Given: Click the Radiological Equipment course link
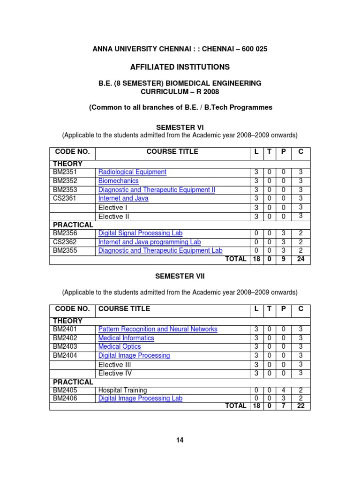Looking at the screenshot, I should (132, 172).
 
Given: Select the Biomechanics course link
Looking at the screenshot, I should (118, 181).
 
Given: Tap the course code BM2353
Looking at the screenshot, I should (65, 190).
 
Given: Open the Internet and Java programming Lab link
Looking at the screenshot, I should (149, 242).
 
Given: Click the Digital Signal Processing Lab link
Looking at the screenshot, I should (140, 233).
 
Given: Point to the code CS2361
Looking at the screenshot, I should (65, 198).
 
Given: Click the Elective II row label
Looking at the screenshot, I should (113, 217).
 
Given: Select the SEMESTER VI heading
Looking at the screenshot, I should (180, 127).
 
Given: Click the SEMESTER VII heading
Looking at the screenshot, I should (180, 277).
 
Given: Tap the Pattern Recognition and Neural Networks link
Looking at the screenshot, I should (157, 329).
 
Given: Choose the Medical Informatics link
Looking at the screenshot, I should (126, 338).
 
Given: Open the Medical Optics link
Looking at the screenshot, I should (119, 346).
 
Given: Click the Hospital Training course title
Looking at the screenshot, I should (122, 390).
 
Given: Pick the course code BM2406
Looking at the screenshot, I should (65, 398).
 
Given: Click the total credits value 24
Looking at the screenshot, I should (300, 259).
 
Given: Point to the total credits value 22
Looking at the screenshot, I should (300, 406).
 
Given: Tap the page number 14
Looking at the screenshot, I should (180, 440).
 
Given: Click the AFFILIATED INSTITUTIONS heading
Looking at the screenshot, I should (180, 67).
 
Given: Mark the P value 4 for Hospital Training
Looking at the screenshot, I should (283, 390).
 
